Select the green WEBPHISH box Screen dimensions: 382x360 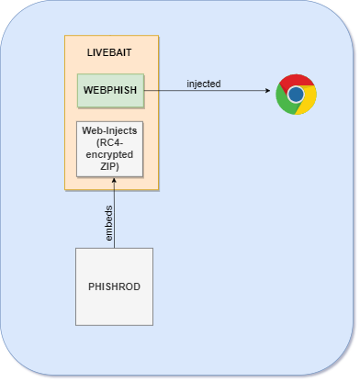coord(111,92)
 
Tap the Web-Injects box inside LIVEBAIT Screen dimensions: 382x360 coord(111,148)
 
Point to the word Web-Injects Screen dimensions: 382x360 coord(111,132)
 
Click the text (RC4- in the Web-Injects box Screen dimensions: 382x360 coord(111,143)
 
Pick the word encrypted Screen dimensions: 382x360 coord(111,154)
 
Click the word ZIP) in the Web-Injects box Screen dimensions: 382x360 coord(111,165)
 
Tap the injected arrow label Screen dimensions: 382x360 coord(203,84)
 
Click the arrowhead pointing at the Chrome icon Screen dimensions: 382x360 coord(269,92)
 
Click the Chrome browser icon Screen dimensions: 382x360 coord(296,95)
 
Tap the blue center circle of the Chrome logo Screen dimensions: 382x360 coord(296,95)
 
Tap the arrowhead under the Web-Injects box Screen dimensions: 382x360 coord(116,182)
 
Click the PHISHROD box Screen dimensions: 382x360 coord(115,286)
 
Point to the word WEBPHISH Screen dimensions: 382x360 coord(111,92)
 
